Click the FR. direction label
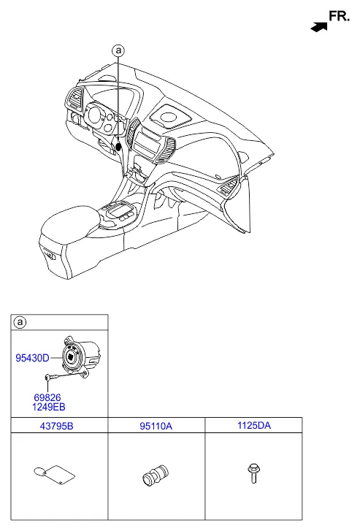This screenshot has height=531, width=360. [339, 16]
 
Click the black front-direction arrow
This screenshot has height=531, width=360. [319, 27]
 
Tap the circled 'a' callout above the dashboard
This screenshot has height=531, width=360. [118, 51]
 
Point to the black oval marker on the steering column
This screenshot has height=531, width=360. [118, 147]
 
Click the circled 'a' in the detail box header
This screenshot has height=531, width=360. [20, 322]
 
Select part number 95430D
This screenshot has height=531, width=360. [33, 358]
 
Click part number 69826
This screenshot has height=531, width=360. [47, 397]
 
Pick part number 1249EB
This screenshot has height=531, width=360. [48, 407]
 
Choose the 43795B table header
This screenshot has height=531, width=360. [56, 426]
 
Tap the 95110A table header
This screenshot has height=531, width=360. [156, 426]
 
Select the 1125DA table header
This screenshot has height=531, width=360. [254, 425]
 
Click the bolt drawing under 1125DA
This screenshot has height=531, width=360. [253, 473]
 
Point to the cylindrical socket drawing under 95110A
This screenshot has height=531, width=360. [156, 475]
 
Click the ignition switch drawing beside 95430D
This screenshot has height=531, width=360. [80, 356]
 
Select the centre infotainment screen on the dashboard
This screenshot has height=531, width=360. [147, 144]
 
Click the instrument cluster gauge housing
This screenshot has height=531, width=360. [102, 117]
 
